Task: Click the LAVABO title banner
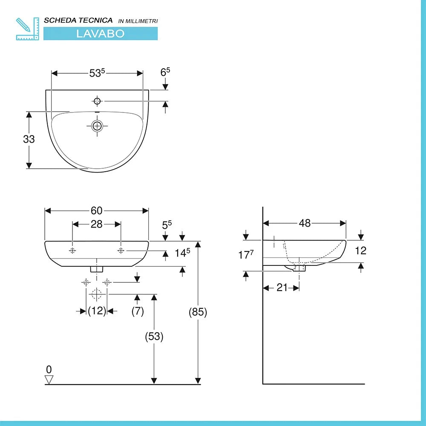101,34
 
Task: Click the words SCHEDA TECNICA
78,20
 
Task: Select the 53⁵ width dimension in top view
97,73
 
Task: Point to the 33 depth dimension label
29,139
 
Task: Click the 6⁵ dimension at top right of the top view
165,72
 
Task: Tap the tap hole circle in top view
98,101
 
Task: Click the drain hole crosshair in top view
98,126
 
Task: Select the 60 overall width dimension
96,210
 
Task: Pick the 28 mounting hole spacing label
97,224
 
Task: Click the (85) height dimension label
198,312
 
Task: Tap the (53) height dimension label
154,337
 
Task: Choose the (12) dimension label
97,311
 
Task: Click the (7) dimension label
137,311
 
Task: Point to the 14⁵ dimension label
182,253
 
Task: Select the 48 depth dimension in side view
305,223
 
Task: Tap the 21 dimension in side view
282,288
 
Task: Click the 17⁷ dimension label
246,255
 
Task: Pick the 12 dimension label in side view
360,250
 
